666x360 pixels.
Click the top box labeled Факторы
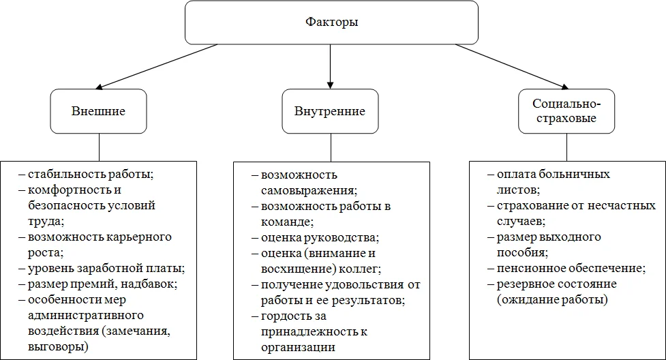tap(331, 22)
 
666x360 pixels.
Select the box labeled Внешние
tap(99, 111)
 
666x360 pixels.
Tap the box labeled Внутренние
tap(330, 111)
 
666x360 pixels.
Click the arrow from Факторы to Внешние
tap(157, 66)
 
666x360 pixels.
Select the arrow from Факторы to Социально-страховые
tap(511, 66)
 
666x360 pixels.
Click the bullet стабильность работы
tap(91, 174)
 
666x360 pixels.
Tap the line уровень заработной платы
tap(106, 268)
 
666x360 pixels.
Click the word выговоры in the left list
tap(58, 346)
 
